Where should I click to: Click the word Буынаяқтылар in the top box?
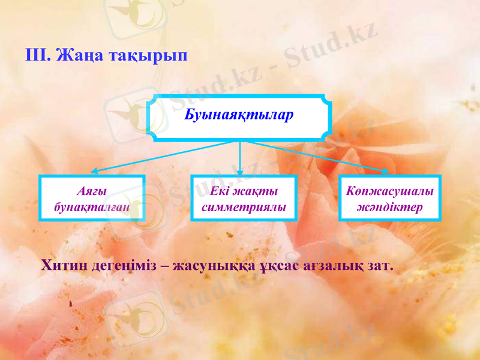239,115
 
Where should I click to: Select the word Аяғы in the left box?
92,191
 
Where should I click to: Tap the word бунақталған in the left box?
92,208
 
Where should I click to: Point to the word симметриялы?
244,208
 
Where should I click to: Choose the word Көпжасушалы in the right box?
390,191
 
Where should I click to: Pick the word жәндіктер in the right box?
390,208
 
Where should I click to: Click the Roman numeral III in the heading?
37,56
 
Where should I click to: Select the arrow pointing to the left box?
162,157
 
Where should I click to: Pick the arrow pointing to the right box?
318,157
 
